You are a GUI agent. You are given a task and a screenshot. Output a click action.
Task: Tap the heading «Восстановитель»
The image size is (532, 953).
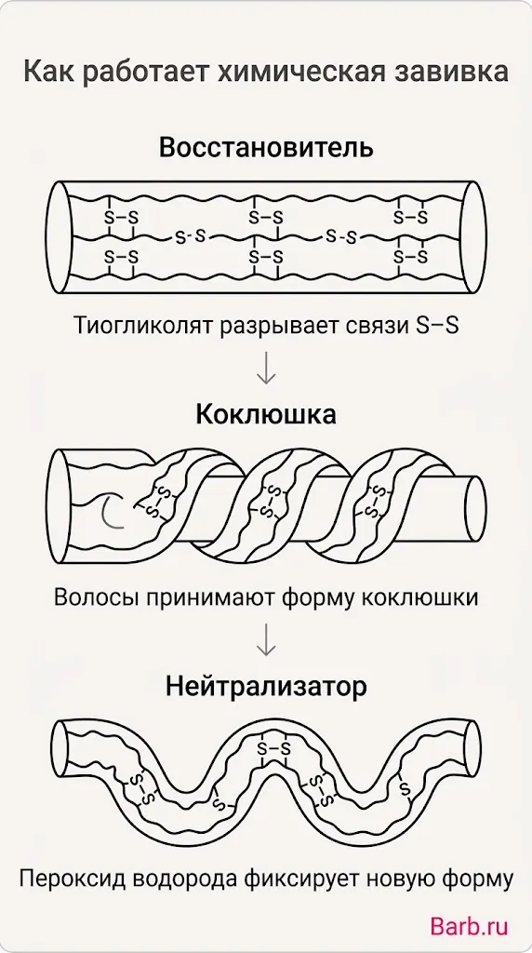266,148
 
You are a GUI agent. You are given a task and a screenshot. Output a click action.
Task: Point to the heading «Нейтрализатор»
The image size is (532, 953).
266,688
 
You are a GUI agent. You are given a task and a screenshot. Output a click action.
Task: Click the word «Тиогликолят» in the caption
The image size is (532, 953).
142,326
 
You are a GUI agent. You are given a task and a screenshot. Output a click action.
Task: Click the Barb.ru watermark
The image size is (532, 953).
469,926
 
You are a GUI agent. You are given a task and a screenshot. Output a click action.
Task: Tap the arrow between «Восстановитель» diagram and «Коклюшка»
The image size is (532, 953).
266,367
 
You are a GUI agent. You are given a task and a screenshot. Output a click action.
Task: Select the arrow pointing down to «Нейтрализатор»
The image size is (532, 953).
266,639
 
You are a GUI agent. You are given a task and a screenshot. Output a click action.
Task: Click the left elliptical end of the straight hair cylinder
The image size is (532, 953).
60,237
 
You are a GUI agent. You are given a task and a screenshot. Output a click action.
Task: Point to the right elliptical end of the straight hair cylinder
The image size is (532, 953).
473,237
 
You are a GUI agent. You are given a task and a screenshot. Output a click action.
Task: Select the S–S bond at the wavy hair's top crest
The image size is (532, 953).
273,747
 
